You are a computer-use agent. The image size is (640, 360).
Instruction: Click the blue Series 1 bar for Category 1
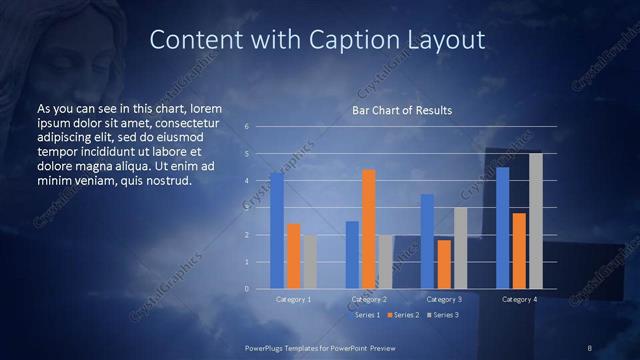pyautogui.click(x=277, y=231)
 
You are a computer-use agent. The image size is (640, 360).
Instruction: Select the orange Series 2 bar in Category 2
pyautogui.click(x=369, y=229)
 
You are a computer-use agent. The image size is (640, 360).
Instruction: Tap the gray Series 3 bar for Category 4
pyautogui.click(x=536, y=221)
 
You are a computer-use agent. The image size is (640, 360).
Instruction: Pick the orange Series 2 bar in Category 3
pyautogui.click(x=444, y=264)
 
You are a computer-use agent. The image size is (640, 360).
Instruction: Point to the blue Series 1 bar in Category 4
pyautogui.click(x=503, y=228)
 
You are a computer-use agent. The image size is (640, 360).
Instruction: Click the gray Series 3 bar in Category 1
pyautogui.click(x=310, y=262)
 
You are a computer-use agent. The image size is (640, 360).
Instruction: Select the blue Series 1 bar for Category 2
pyautogui.click(x=352, y=255)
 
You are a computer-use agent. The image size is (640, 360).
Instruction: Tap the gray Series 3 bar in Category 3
pyautogui.click(x=460, y=248)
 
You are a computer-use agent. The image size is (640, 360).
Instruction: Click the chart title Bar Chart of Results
pyautogui.click(x=402, y=110)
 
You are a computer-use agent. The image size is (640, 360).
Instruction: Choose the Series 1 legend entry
pyautogui.click(x=364, y=315)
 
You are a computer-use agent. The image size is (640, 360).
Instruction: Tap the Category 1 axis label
pyautogui.click(x=293, y=299)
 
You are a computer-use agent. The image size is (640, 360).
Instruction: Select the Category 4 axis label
pyautogui.click(x=519, y=299)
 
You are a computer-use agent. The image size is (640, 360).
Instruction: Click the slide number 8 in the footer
pyautogui.click(x=589, y=348)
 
